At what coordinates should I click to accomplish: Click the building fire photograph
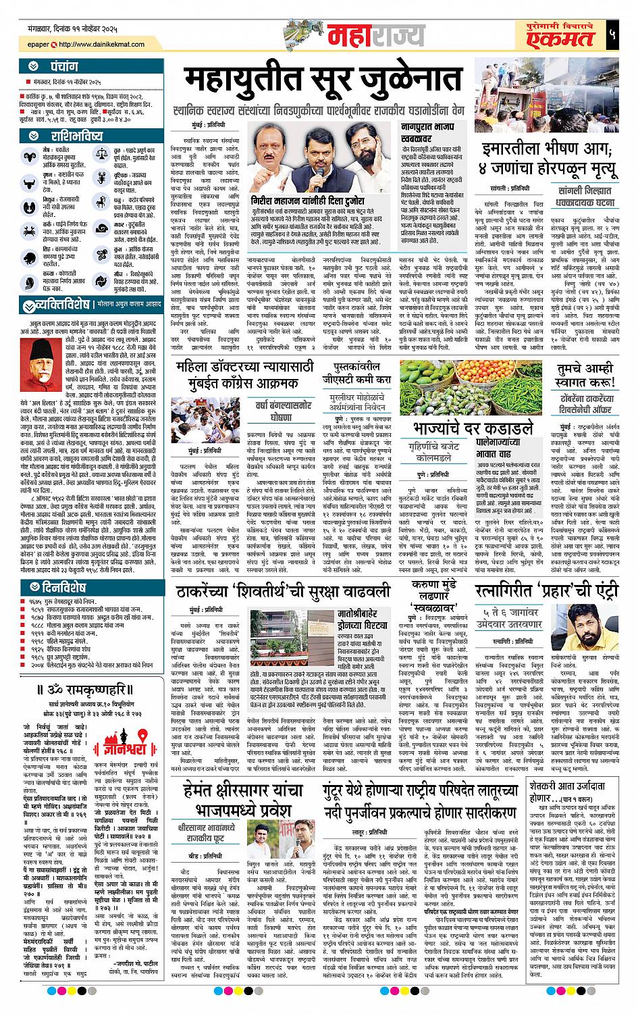[553, 98]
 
